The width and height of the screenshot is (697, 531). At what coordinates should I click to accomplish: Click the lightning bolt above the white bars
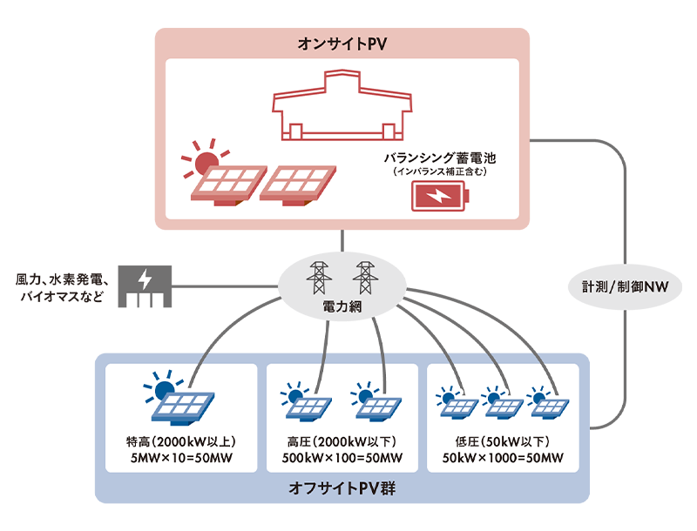[x=145, y=280]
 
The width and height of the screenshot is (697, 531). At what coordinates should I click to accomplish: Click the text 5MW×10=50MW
[x=181, y=458]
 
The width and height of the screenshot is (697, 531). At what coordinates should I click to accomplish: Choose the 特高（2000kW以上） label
[x=181, y=440]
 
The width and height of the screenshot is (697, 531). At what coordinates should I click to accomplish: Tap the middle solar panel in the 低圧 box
[x=504, y=406]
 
